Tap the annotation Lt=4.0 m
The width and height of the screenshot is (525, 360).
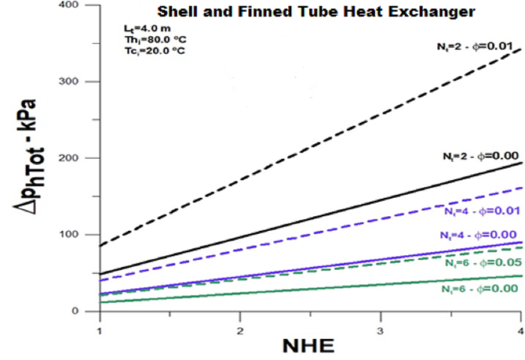coord(139,28)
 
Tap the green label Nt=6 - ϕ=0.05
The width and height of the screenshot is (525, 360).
coord(481,264)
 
